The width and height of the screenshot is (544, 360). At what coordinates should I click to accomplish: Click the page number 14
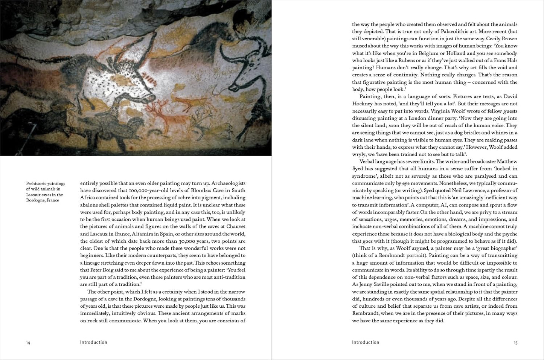(x=28, y=343)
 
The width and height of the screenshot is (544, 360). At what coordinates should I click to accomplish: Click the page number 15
(x=515, y=343)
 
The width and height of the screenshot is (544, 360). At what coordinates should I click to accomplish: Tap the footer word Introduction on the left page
(x=94, y=342)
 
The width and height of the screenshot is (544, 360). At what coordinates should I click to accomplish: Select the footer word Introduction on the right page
(x=366, y=342)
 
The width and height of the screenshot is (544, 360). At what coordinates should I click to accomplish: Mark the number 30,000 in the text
(x=181, y=241)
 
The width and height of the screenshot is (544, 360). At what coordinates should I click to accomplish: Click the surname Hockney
(x=364, y=104)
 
